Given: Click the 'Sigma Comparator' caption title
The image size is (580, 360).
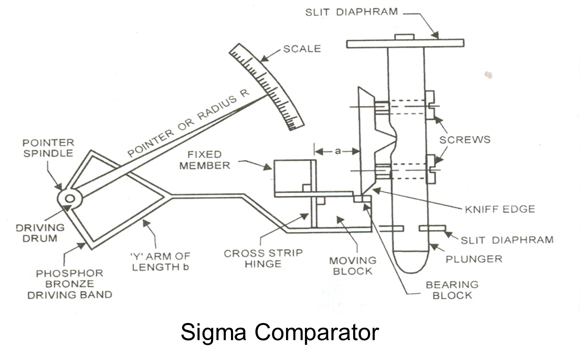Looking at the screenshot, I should pos(279,332).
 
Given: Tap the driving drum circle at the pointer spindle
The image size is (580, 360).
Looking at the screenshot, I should pos(70,199).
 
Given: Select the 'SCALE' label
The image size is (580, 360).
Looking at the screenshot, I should pos(302,48).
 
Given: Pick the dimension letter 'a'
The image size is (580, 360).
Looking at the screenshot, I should pos(337,151).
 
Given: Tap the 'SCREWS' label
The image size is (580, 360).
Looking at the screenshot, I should pos(464,140).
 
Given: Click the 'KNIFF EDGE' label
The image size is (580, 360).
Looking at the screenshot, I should pos(500,209).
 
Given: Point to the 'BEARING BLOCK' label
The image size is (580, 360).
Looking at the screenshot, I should pos(452,290).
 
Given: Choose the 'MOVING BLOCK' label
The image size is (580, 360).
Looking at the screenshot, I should pos(353,265).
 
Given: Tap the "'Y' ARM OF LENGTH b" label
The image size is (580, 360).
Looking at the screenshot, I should pos(161,262).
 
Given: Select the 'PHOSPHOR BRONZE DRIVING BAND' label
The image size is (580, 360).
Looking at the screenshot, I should pos(70,284).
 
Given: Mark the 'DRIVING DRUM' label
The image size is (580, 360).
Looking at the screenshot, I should pos(40,233).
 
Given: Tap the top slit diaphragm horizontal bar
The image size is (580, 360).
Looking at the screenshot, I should pos(405,44).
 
